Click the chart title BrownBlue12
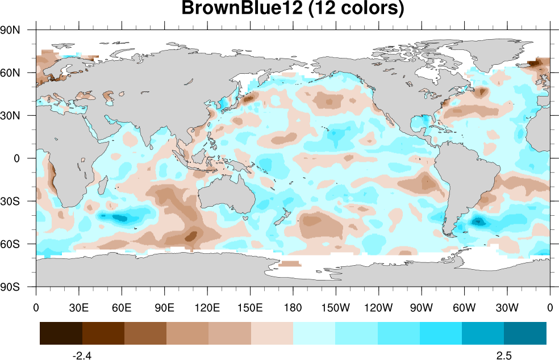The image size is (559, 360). pyautogui.click(x=293, y=9)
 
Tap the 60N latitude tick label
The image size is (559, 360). pyautogui.click(x=10, y=73)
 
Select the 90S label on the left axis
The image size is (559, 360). pyautogui.click(x=10, y=287)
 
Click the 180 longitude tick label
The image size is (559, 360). pyautogui.click(x=293, y=308)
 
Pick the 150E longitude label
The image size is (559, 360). pyautogui.click(x=250, y=308)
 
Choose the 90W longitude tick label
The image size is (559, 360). pyautogui.click(x=422, y=308)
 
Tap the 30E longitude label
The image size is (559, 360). pyautogui.click(x=79, y=308)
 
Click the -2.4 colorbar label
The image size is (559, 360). pyautogui.click(x=82, y=356)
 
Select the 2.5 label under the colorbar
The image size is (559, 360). pyautogui.click(x=504, y=356)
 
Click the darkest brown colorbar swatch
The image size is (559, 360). pyautogui.click(x=61, y=333)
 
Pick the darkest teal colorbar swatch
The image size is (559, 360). pyautogui.click(x=525, y=333)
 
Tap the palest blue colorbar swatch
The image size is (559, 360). pyautogui.click(x=314, y=333)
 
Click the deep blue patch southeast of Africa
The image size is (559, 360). pyautogui.click(x=120, y=218)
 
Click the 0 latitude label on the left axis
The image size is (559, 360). pyautogui.click(x=16, y=158)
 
